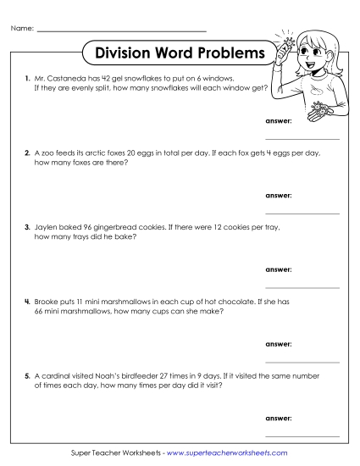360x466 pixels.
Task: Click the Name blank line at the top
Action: [123, 31]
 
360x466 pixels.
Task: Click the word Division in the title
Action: [127, 53]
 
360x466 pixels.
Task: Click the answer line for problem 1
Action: [302, 138]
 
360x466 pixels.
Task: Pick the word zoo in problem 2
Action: [50, 154]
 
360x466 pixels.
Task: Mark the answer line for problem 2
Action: [302, 213]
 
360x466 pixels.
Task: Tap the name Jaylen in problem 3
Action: [47, 228]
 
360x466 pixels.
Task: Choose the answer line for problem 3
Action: [302, 286]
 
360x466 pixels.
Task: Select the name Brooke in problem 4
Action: [47, 302]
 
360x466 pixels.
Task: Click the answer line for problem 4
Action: [302, 361]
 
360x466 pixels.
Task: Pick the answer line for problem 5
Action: [302, 435]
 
